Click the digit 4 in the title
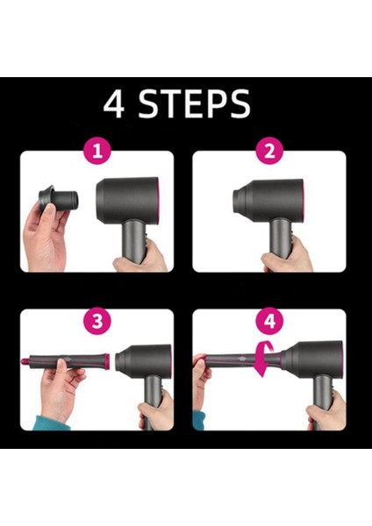tap(115, 103)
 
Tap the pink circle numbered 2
tap(267, 151)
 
